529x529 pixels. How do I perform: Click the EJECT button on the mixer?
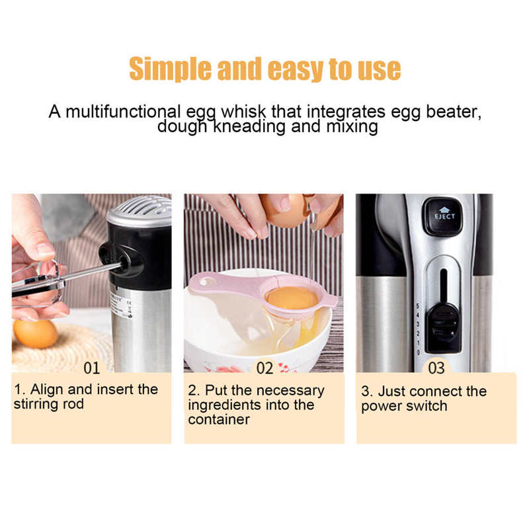point(441,216)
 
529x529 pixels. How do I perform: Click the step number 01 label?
point(92,367)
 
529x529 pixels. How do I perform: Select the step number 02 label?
point(264,367)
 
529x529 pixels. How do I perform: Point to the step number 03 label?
point(436,367)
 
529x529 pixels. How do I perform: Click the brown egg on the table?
point(35,333)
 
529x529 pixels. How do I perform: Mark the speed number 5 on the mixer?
point(417,306)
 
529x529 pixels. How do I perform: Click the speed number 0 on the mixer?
point(417,352)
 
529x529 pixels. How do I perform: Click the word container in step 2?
point(219,419)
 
